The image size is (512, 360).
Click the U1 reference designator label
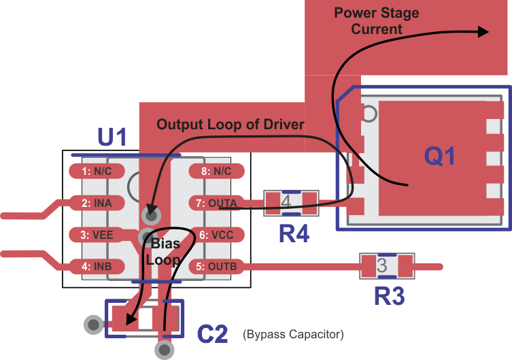pos(112,138)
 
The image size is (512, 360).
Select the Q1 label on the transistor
pos(439,157)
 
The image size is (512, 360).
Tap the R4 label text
pos(294,235)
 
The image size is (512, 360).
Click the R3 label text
pos(389,296)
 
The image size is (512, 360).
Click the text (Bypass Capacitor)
pos(293,335)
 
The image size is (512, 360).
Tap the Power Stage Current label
pos(376,21)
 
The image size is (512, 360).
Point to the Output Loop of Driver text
pos(231,125)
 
